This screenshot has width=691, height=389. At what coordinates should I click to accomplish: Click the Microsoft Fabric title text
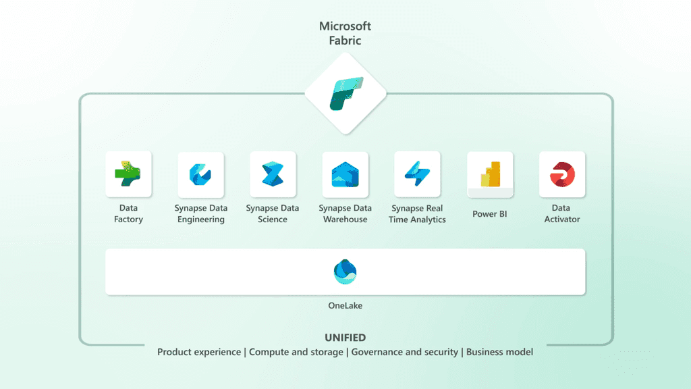point(345,33)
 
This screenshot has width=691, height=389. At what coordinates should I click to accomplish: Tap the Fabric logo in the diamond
point(345,93)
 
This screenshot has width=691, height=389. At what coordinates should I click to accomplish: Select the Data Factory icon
point(128,174)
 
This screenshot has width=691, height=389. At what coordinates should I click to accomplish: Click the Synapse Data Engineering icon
point(200,174)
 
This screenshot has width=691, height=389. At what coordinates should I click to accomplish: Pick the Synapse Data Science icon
point(273,174)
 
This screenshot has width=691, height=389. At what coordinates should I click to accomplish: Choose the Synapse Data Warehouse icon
point(345,174)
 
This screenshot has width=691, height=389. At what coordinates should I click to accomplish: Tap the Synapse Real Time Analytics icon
point(417,174)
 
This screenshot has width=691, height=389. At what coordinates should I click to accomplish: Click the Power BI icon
point(490,174)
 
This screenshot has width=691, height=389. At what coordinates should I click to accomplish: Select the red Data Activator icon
point(562,174)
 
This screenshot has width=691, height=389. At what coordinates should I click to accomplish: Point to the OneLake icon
point(345,271)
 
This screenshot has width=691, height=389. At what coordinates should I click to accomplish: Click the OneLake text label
point(345,306)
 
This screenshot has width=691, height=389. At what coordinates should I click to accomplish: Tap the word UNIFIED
point(345,338)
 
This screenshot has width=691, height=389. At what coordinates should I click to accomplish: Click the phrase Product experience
point(199,352)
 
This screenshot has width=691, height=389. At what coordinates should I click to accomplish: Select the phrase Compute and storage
point(296,352)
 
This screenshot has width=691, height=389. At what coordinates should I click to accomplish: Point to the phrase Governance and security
point(404,352)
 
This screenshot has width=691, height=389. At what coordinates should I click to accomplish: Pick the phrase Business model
point(499,352)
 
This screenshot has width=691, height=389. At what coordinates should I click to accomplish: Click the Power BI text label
point(490,214)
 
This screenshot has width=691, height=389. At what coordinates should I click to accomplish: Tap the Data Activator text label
point(562,213)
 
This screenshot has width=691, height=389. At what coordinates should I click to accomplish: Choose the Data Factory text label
point(128,213)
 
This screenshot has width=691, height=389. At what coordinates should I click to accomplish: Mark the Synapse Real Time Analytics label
point(417,213)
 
